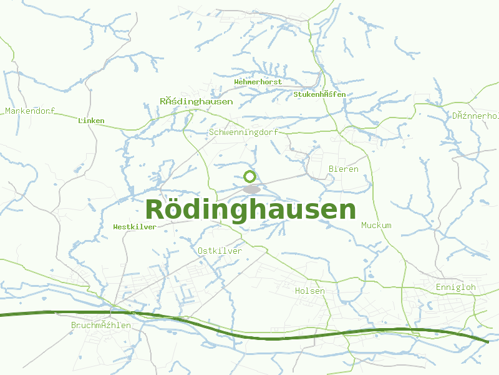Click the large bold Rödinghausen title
(x=251, y=209)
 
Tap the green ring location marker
(x=250, y=176)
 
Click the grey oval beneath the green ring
(x=251, y=189)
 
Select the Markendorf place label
(x=30, y=111)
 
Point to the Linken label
(x=91, y=121)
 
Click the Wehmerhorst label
(x=258, y=82)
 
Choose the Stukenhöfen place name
(x=319, y=94)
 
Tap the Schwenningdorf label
(x=243, y=132)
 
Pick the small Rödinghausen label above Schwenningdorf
(x=196, y=101)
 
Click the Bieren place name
(x=343, y=169)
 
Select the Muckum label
(x=376, y=225)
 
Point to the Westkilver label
(x=135, y=227)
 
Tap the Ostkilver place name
(x=219, y=251)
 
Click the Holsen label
(x=310, y=291)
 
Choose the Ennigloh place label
(x=455, y=287)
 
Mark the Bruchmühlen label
(x=101, y=326)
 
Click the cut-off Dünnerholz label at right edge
(x=475, y=116)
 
